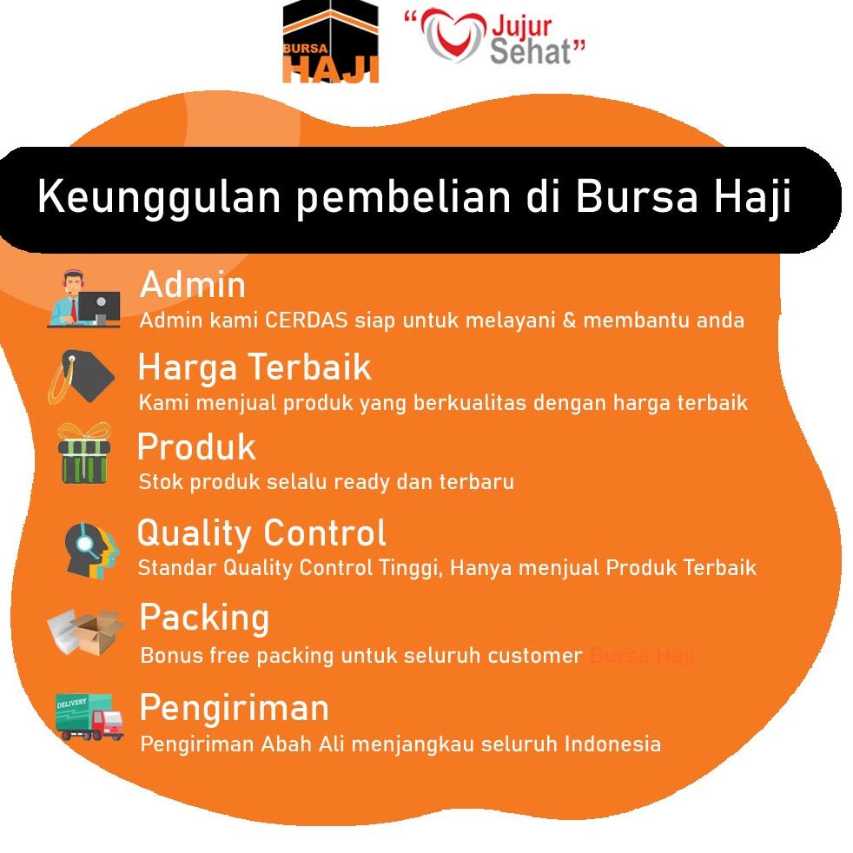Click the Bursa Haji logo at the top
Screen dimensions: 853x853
point(331,43)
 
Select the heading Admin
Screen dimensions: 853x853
point(193,284)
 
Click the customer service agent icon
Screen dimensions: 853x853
point(83,300)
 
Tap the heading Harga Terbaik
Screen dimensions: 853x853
point(255,367)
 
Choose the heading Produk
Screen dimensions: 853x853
point(196,446)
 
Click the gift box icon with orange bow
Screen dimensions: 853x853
point(83,453)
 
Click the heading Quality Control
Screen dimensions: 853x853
point(261,532)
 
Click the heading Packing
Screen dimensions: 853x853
point(204,618)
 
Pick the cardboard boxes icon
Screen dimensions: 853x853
point(85,631)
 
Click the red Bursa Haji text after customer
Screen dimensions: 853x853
point(641,656)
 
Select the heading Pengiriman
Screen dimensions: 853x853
point(235,708)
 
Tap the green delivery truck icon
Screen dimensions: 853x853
point(89,717)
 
